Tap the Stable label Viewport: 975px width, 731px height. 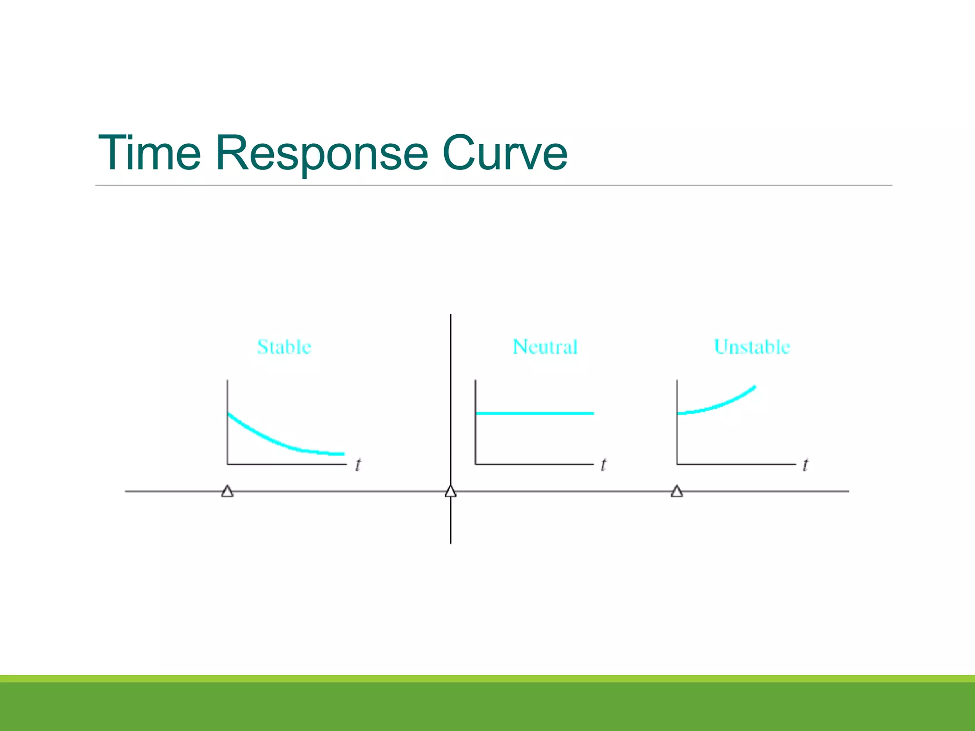[284, 347]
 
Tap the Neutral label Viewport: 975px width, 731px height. [545, 347]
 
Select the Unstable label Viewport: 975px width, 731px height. [752, 347]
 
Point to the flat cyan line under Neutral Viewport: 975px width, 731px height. [535, 413]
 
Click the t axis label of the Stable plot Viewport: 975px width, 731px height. [358, 464]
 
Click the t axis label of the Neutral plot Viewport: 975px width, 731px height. [604, 464]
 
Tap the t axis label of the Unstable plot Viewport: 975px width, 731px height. [805, 464]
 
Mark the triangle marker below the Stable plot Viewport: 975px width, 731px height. [228, 492]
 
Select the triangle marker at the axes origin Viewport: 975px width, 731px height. [450, 492]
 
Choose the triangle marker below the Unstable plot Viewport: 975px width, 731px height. [677, 492]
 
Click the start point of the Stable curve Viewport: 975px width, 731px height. [229, 414]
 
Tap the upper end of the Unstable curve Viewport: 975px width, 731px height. [754, 387]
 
